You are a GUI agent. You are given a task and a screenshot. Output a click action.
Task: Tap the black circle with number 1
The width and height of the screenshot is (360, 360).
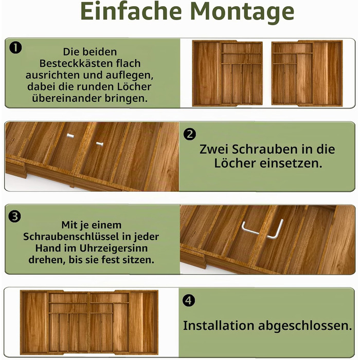15,48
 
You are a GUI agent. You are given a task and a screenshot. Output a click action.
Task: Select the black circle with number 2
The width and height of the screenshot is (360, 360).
190,134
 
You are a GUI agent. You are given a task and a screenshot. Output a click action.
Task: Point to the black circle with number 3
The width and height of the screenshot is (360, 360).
14,217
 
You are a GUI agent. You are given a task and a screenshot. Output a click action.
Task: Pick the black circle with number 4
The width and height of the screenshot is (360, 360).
189,300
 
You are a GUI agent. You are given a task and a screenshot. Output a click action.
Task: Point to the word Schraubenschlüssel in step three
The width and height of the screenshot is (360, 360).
71,237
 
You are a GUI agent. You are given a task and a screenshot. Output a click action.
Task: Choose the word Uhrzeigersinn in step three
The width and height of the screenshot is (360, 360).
114,248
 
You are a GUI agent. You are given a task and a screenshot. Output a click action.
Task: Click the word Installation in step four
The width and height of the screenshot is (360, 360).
219,326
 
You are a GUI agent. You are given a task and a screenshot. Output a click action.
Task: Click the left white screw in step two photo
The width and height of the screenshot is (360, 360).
70,136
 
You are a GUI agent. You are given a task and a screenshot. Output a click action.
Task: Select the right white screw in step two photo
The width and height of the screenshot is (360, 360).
99,144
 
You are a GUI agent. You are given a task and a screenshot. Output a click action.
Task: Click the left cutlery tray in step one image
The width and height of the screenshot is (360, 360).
227,73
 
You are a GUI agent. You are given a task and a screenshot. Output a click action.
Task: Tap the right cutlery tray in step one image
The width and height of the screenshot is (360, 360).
307,73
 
